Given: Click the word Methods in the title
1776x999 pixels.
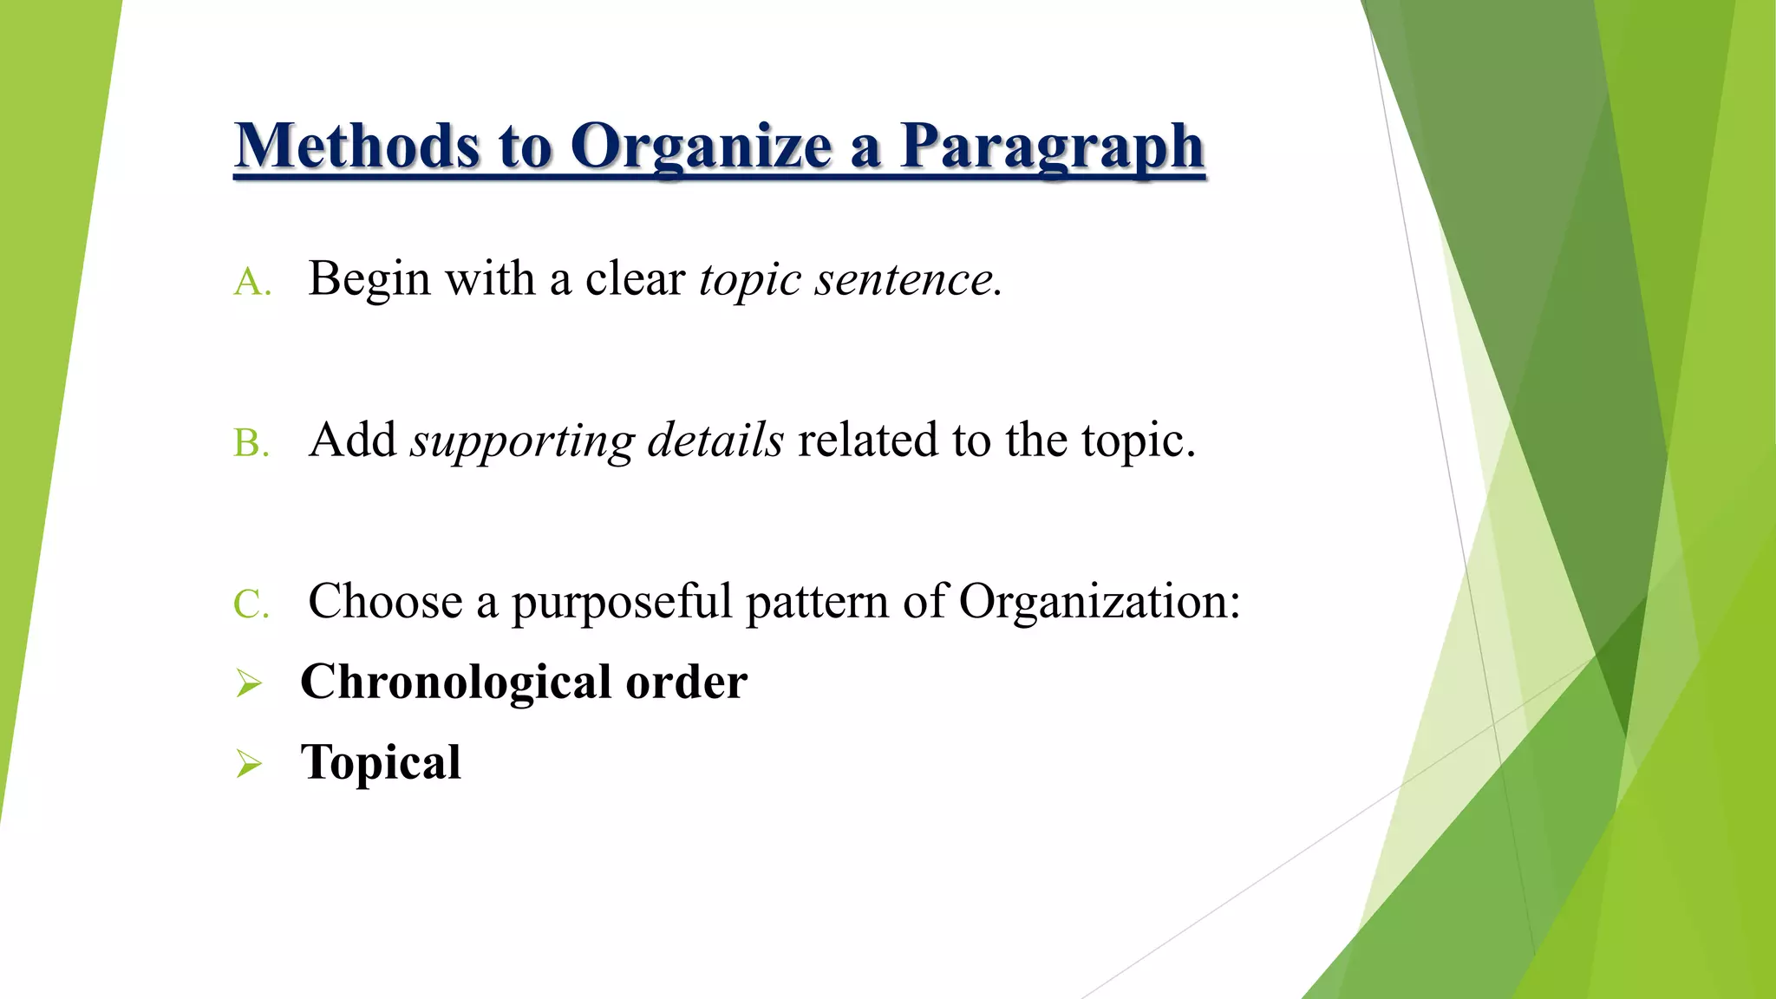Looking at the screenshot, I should [x=356, y=146].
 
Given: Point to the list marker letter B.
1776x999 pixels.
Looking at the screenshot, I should [x=251, y=444].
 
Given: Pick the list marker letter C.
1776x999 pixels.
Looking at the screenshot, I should [x=251, y=604].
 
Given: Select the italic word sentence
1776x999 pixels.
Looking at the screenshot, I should [x=907, y=279].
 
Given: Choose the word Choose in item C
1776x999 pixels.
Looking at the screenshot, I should [x=385, y=601].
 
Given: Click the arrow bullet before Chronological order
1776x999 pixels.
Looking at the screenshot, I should [x=249, y=684].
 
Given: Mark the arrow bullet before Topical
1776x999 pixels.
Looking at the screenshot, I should [x=249, y=764].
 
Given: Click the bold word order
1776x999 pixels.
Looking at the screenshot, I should [x=686, y=682].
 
